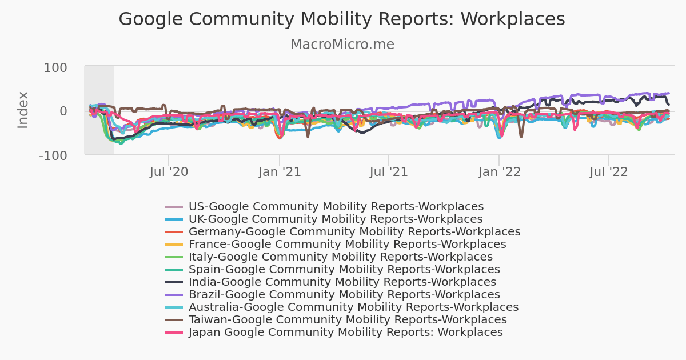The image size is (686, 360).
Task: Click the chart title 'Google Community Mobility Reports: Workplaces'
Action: pyautogui.click(x=342, y=19)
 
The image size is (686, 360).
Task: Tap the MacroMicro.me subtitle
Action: pyautogui.click(x=342, y=45)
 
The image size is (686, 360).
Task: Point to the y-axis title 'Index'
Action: pyautogui.click(x=23, y=110)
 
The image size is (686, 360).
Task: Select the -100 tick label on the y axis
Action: pyautogui.click(x=52, y=155)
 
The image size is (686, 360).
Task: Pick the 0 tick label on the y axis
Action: pyautogui.click(x=63, y=111)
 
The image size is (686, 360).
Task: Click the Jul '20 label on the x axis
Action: pyautogui.click(x=169, y=171)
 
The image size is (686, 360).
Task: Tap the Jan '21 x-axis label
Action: pyautogui.click(x=280, y=171)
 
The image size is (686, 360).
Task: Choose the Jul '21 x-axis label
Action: pyautogui.click(x=389, y=171)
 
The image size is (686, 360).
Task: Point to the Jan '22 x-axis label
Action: pyautogui.click(x=500, y=171)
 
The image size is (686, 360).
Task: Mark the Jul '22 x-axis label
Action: pyautogui.click(x=609, y=171)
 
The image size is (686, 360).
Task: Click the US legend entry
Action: pyautogui.click(x=336, y=207)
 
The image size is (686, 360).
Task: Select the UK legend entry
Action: pyautogui.click(x=335, y=219)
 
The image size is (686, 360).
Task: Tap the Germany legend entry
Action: pyautogui.click(x=354, y=232)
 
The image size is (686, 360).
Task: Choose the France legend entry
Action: pyautogui.click(x=347, y=245)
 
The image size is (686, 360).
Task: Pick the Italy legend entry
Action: pyautogui.click(x=340, y=257)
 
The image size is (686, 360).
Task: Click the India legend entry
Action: pyautogui.click(x=342, y=282)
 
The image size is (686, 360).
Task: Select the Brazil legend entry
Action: pyautogui.click(x=344, y=295)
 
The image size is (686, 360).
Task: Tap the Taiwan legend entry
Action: pyautogui.click(x=348, y=320)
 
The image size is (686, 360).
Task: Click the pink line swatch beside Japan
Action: pyautogui.click(x=174, y=333)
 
